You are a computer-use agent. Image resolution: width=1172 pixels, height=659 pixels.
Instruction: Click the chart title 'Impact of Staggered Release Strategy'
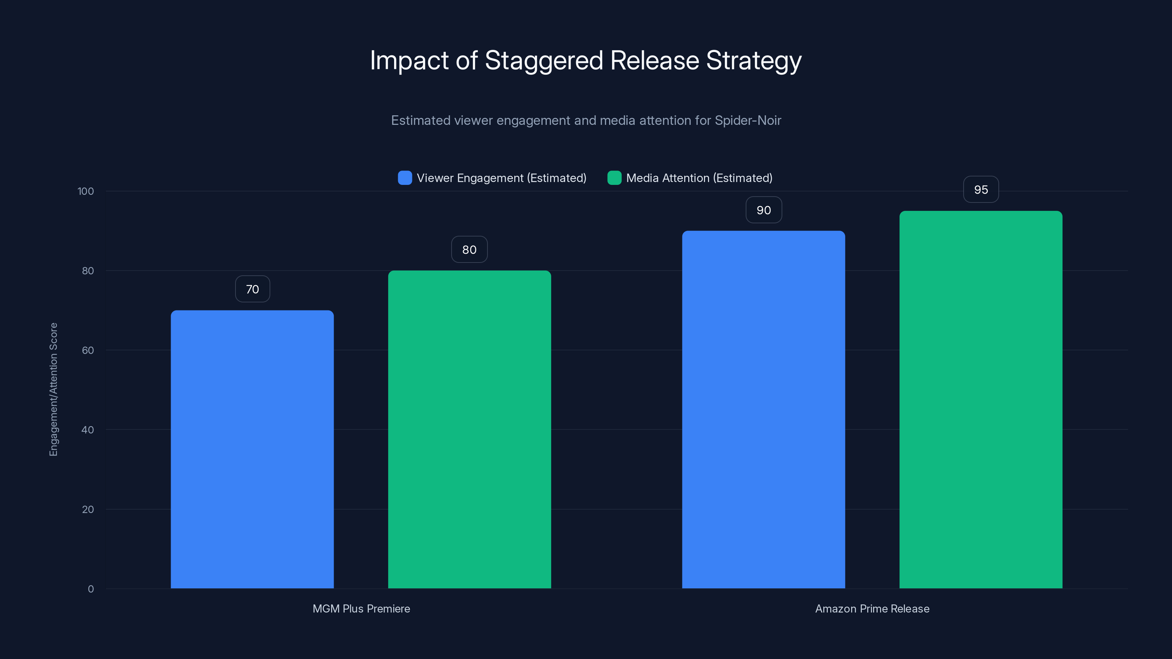[x=586, y=60]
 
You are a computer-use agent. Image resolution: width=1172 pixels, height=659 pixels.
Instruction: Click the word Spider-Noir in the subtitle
[x=748, y=120]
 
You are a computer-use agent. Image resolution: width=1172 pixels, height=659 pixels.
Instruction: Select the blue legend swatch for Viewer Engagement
[x=404, y=178]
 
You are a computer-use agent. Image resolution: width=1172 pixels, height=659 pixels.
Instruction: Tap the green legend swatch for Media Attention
[x=614, y=178]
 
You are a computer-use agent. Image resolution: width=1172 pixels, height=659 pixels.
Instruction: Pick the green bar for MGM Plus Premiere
[x=469, y=429]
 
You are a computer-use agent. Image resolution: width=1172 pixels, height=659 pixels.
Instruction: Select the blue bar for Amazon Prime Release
[x=763, y=409]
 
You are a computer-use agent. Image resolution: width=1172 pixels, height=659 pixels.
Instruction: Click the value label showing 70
[x=252, y=289]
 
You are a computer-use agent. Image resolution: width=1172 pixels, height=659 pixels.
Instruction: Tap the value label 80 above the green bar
[x=469, y=250]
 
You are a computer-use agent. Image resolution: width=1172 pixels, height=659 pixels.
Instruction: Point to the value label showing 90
[x=763, y=210]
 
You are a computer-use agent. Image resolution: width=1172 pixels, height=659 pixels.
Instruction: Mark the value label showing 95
[x=981, y=190]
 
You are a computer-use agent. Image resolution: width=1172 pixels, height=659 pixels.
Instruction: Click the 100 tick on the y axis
[x=86, y=191]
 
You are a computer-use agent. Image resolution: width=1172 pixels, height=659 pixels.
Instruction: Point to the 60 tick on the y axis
[x=88, y=351]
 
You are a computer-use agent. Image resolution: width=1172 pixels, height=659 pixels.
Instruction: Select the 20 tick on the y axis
[x=88, y=509]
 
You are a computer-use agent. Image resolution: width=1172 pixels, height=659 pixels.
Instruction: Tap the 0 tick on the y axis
[x=90, y=589]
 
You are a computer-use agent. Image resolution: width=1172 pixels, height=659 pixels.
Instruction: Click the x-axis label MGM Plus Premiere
[x=361, y=608]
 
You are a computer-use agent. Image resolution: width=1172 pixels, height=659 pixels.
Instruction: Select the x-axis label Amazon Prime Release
[x=872, y=608]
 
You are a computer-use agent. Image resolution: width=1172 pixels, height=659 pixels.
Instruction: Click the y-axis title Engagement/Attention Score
[x=54, y=389]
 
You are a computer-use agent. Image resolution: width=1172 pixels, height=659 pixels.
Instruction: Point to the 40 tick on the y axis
[x=88, y=430]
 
